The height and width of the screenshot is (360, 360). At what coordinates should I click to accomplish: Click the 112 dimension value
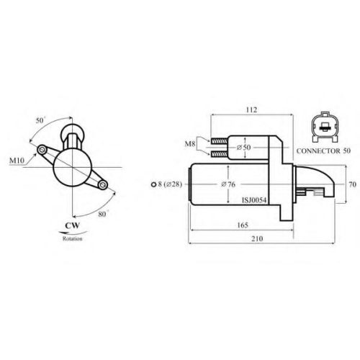point(251,109)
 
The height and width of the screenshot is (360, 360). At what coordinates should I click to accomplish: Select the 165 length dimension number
point(243,225)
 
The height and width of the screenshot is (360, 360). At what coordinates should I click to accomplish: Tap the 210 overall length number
point(257,238)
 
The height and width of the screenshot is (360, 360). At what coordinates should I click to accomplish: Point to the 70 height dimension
point(353,184)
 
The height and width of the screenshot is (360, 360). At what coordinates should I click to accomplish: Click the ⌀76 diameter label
point(228,184)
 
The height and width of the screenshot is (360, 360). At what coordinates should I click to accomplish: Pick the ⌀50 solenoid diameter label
point(243,148)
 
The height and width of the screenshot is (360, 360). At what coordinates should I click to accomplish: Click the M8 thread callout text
point(190,144)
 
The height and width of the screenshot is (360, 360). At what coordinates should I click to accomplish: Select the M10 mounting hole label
point(17,161)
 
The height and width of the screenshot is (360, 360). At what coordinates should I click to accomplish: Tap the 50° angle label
point(40,120)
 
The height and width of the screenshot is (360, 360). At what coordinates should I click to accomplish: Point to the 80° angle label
point(103,214)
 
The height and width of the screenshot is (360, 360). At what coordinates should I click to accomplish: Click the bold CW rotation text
point(73,225)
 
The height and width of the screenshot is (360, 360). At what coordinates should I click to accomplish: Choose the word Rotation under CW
point(73,238)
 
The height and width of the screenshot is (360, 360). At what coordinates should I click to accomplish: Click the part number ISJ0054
point(254,200)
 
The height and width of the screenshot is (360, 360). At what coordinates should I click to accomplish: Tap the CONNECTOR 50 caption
point(323,151)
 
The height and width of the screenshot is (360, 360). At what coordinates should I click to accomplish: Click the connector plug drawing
point(325,127)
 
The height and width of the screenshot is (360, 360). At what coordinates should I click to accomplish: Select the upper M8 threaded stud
point(220,142)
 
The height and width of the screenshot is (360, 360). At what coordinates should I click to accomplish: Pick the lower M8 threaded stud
point(220,154)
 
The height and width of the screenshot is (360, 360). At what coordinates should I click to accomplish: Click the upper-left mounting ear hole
point(42,150)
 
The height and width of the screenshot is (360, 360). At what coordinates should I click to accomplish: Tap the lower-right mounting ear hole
point(103,184)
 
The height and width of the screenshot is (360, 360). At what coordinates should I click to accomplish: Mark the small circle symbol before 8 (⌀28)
point(153,184)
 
